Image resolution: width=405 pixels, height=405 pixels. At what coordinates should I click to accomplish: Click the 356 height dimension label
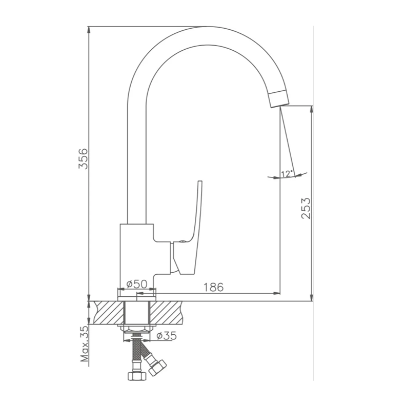point(83,158)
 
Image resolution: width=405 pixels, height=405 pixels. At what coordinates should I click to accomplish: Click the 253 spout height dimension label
point(306,209)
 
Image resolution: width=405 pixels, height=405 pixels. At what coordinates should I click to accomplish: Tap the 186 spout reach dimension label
point(214,287)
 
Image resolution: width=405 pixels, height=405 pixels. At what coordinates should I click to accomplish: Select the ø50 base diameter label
point(137,284)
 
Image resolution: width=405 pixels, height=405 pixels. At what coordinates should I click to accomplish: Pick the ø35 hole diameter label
point(167,336)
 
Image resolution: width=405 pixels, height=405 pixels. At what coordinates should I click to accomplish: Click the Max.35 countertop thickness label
point(84,343)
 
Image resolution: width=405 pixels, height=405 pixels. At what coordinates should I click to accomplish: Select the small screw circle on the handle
point(182,242)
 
